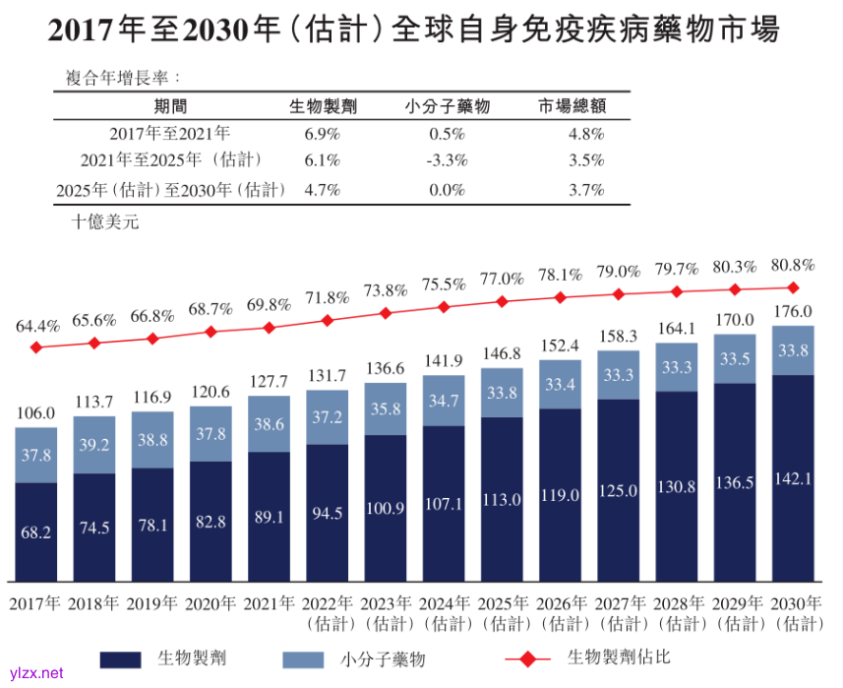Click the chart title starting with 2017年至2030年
tap(414, 31)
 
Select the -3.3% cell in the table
tap(447, 160)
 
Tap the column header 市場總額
tap(571, 106)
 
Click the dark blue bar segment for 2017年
tap(36, 532)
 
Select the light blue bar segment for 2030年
tap(792, 350)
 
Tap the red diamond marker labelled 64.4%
tap(36, 347)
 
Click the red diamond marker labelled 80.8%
tap(792, 287)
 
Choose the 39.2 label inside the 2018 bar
tap(94, 444)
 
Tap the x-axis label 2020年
tap(211, 602)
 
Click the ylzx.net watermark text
tap(35, 673)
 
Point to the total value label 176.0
tap(793, 312)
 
